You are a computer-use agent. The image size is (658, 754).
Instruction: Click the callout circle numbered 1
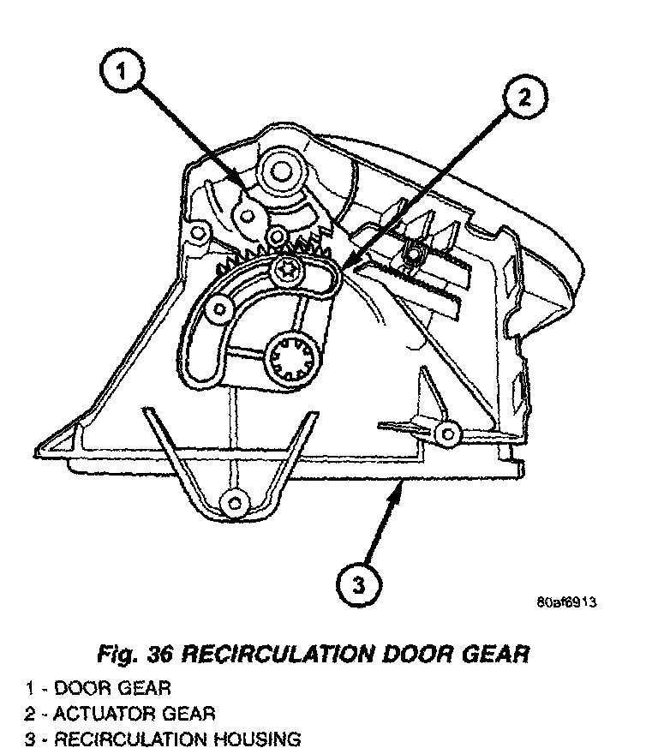(x=122, y=75)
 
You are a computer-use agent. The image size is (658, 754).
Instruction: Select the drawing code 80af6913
(x=566, y=601)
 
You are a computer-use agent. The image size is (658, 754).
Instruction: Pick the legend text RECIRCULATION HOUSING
(x=177, y=738)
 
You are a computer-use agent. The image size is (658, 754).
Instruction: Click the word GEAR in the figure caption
(x=495, y=655)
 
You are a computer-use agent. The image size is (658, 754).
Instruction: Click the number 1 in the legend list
(x=29, y=688)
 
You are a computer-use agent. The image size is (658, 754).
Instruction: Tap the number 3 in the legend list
(x=29, y=738)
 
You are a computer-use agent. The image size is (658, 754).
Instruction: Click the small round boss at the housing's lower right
(x=445, y=433)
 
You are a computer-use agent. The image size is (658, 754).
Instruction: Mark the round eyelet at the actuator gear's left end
(x=219, y=308)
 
